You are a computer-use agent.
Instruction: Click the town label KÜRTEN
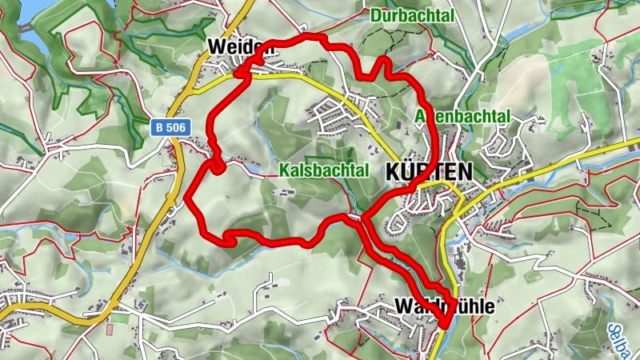pyautogui.click(x=429, y=172)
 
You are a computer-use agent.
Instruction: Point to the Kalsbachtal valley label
pyautogui.click(x=324, y=170)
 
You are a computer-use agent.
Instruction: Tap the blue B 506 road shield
pyautogui.click(x=170, y=126)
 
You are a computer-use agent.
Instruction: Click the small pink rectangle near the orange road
pyautogui.click(x=110, y=329)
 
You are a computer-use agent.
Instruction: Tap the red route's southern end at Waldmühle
pyautogui.click(x=443, y=325)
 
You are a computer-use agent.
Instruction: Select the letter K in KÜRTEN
pyautogui.click(x=393, y=172)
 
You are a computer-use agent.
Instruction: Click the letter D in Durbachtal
pyautogui.click(x=375, y=14)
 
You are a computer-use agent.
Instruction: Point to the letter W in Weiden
pyautogui.click(x=215, y=47)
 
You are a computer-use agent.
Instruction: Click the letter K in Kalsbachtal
pyautogui.click(x=284, y=170)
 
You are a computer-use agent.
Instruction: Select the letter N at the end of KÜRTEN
pyautogui.click(x=465, y=172)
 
